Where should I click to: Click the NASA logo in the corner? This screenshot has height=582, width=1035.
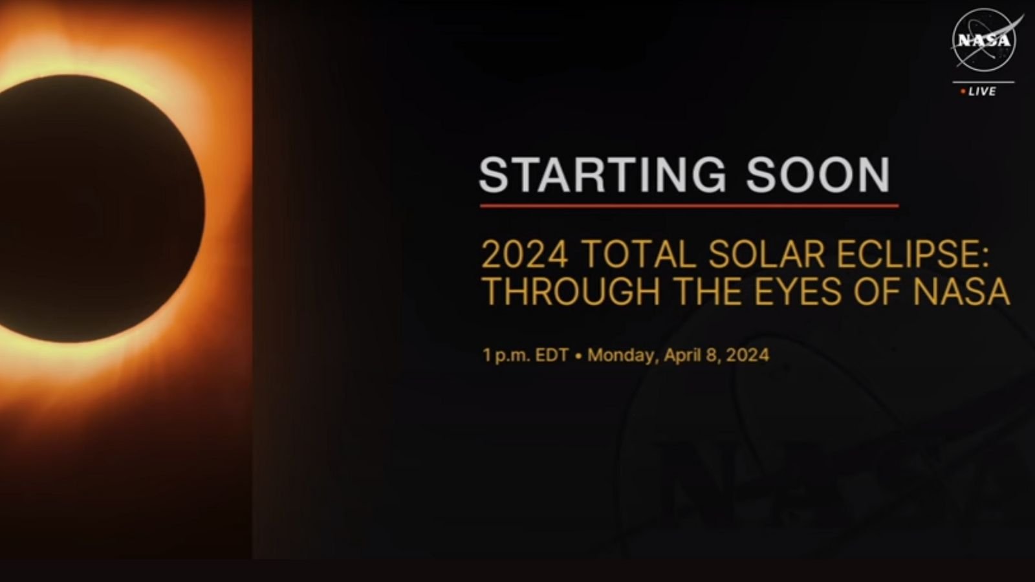[x=984, y=41]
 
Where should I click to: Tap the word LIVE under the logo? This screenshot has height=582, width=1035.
[x=983, y=91]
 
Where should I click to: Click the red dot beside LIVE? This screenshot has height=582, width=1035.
[x=963, y=92]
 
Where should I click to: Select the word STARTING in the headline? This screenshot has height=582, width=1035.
[x=603, y=175]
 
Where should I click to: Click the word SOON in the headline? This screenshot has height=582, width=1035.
[x=818, y=175]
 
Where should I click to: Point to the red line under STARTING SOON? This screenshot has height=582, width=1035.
[x=689, y=206]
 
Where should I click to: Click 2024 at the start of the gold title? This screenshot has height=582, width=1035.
[x=525, y=254]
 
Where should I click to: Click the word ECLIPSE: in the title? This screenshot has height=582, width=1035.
[x=913, y=254]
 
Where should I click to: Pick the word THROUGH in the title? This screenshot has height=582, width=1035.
[x=571, y=291]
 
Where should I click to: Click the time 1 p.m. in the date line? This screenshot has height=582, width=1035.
[x=506, y=356]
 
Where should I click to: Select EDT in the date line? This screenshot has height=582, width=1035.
[x=552, y=355]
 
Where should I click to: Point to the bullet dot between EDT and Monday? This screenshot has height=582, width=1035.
[x=578, y=356]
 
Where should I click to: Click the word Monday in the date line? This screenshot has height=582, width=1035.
[x=622, y=356]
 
